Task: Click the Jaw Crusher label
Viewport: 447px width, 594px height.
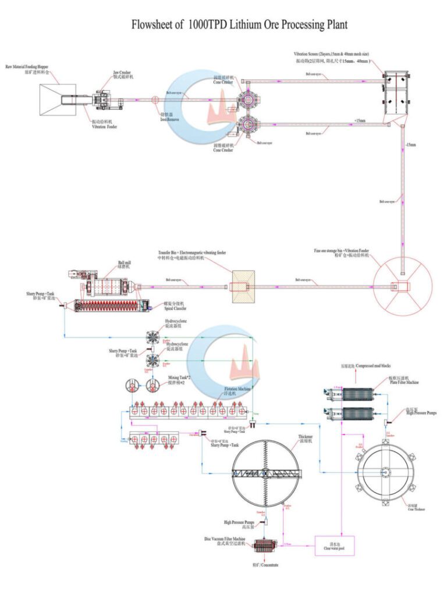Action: click(122, 74)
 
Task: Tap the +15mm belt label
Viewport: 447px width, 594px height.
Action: click(360, 120)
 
